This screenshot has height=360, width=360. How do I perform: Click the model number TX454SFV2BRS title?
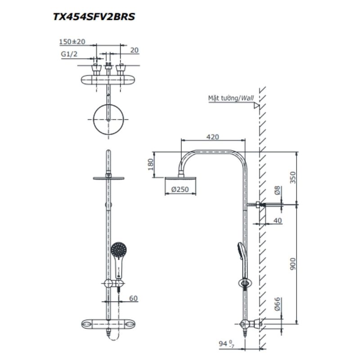94,17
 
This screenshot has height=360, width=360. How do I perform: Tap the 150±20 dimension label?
72,42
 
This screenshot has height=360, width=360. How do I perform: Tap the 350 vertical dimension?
292,178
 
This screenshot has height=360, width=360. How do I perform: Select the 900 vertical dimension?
292,265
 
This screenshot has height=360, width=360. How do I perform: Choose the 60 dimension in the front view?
133,297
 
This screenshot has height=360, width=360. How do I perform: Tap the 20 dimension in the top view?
134,50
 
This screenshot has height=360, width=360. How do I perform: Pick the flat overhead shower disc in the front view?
109,179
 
